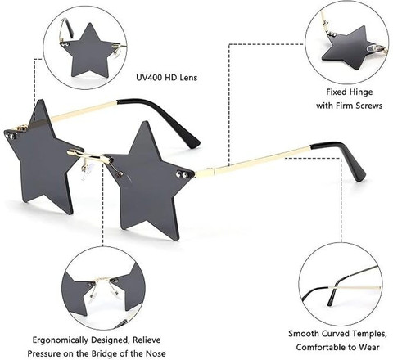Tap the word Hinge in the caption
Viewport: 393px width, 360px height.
click(x=361, y=92)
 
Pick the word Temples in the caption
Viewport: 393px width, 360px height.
click(x=369, y=334)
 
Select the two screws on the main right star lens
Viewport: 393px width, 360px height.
click(x=182, y=174)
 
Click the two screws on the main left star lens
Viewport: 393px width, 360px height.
click(x=9, y=137)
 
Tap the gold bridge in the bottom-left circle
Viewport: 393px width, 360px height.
click(x=102, y=279)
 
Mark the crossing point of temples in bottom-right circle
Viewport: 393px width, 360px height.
click(x=335, y=287)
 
